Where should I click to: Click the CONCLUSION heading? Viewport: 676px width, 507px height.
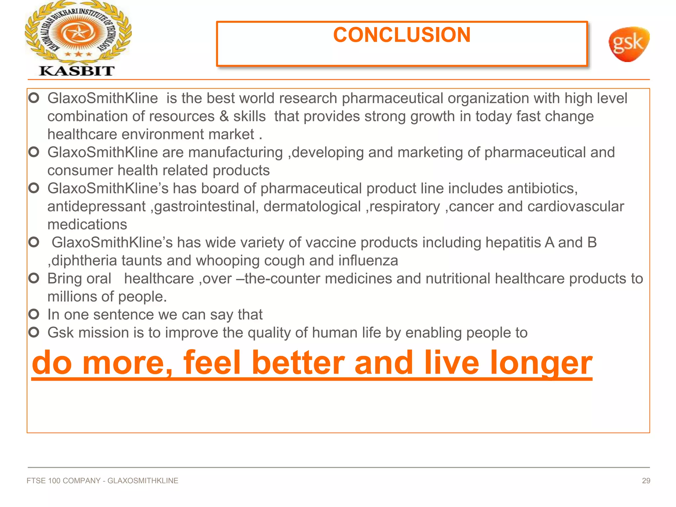tap(402, 35)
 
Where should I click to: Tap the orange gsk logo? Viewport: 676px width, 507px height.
tap(628, 44)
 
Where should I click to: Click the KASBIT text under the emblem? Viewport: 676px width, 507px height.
tap(77, 71)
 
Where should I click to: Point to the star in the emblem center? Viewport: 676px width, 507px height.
tap(79, 33)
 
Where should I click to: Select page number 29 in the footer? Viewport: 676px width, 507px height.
tap(646, 481)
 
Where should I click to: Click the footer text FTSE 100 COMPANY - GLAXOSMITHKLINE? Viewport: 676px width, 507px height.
tap(102, 481)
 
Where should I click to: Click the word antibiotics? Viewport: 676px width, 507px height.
tap(542, 188)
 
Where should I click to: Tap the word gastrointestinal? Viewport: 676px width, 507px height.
tap(206, 207)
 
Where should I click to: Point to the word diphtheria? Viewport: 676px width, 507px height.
tap(84, 261)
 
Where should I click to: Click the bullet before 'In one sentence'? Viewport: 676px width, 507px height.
tap(34, 314)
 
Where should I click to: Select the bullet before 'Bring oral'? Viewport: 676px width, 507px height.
tap(34, 278)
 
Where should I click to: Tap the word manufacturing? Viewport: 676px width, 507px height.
tap(235, 152)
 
